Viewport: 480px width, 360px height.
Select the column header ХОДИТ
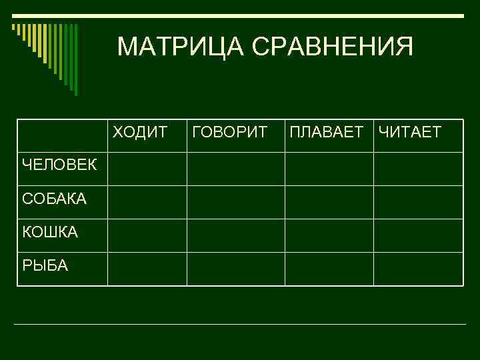tap(140, 131)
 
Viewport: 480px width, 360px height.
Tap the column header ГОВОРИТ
tap(230, 131)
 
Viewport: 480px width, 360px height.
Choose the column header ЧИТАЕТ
tap(409, 131)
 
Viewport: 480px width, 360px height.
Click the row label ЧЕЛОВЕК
tap(59, 165)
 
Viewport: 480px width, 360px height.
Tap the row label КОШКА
tap(50, 232)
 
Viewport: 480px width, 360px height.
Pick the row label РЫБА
tap(45, 265)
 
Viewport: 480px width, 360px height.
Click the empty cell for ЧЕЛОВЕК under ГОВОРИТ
tap(235, 169)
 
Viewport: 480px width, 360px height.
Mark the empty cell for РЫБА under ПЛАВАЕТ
tap(329, 269)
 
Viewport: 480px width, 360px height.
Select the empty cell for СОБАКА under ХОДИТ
tap(147, 202)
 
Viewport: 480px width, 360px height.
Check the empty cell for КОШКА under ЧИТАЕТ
tap(418, 235)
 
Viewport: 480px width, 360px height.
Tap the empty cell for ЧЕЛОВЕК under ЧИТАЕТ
tap(418, 169)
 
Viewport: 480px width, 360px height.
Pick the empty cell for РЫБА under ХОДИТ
tap(147, 269)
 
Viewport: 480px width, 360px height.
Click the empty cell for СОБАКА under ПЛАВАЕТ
tap(329, 202)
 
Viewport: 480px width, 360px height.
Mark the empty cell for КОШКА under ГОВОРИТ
tap(235, 235)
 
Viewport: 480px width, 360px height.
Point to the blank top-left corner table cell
tap(63, 136)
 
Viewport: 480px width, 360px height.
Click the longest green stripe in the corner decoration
tap(75, 60)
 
